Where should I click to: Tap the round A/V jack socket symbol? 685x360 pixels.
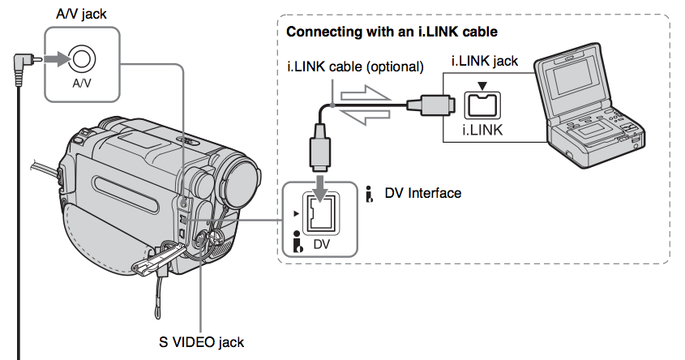[x=83, y=58]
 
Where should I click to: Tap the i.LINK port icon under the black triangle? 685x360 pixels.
[x=483, y=103]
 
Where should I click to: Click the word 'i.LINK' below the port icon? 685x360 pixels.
[x=483, y=129]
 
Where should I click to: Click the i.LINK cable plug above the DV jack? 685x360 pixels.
[x=319, y=149]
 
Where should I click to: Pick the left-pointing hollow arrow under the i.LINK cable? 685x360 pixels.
[x=366, y=119]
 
